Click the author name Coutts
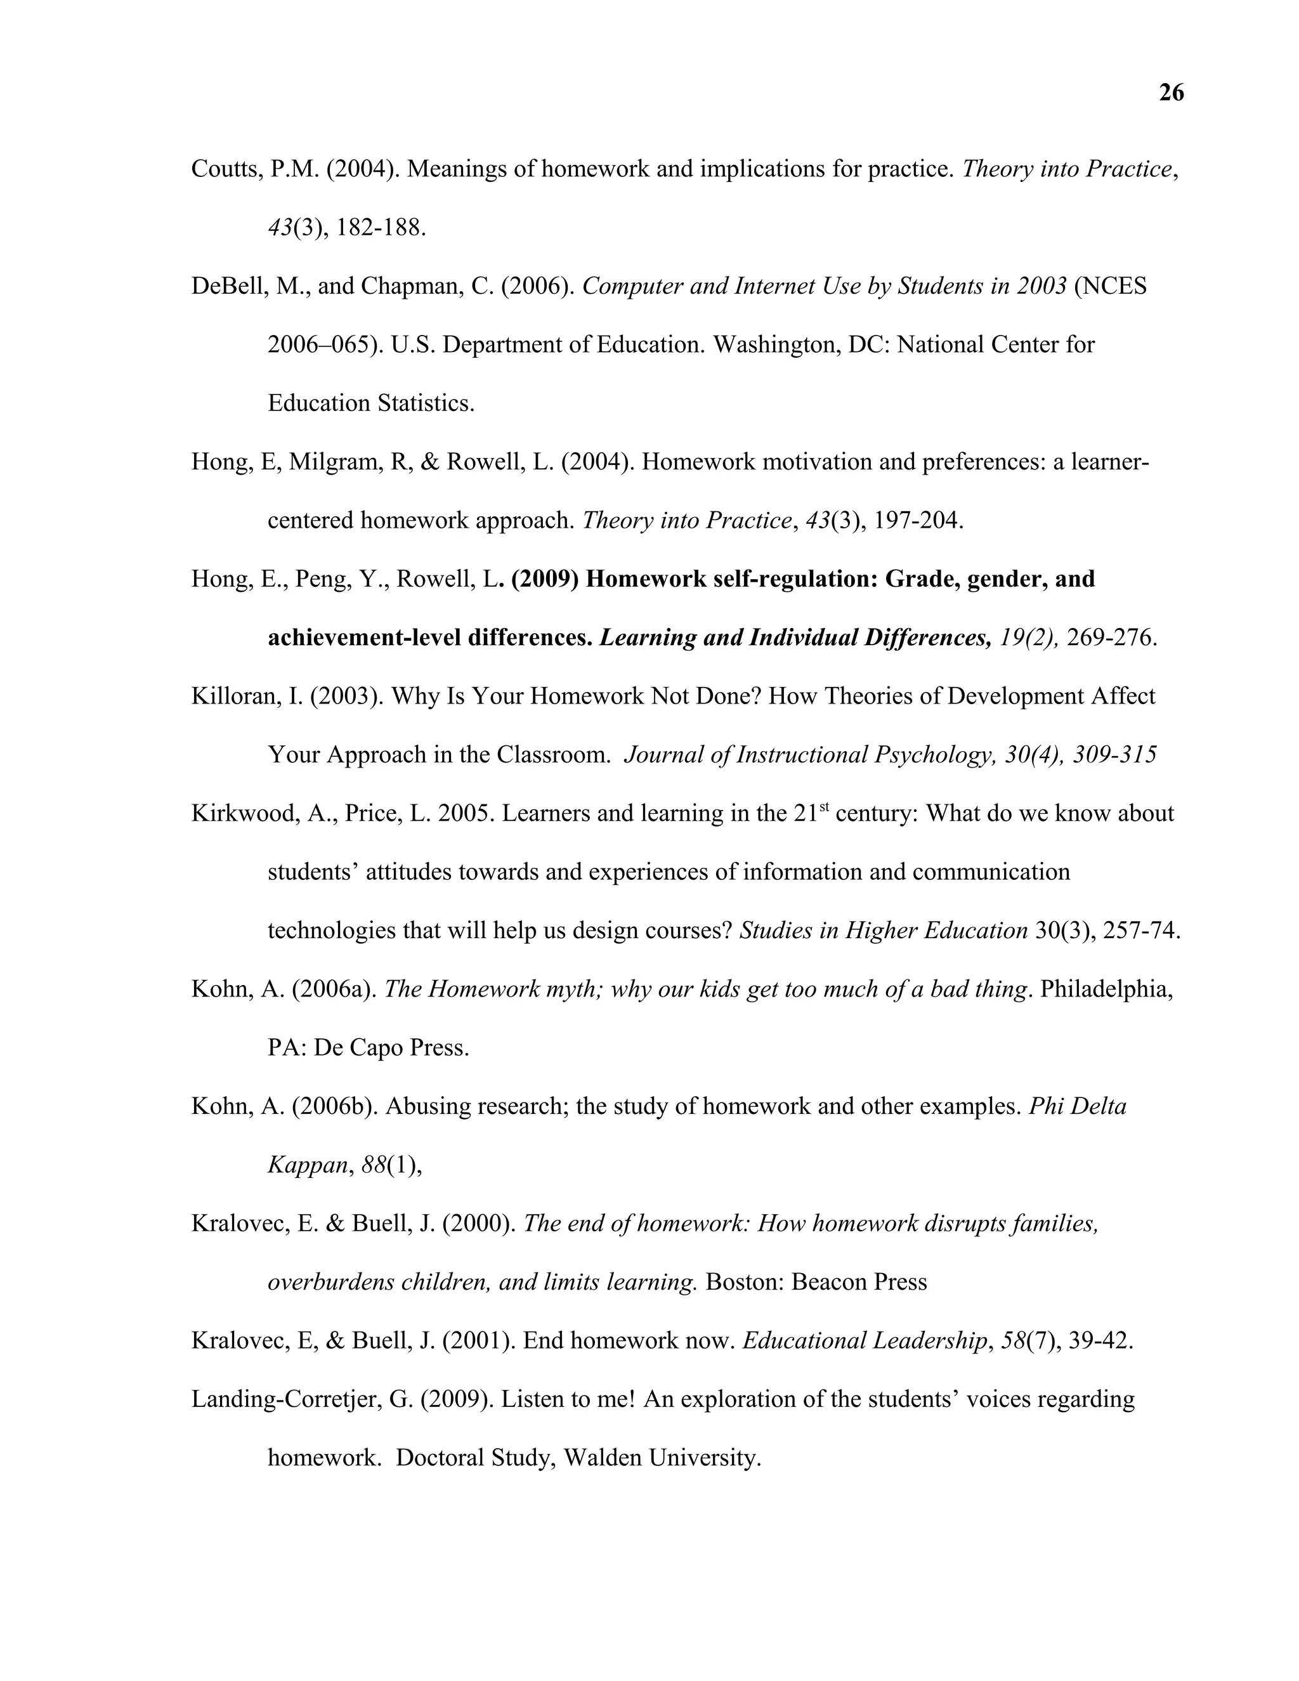pos(223,169)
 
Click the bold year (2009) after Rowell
pos(544,579)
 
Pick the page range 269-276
pos(1110,638)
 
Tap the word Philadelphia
pos(1105,989)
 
